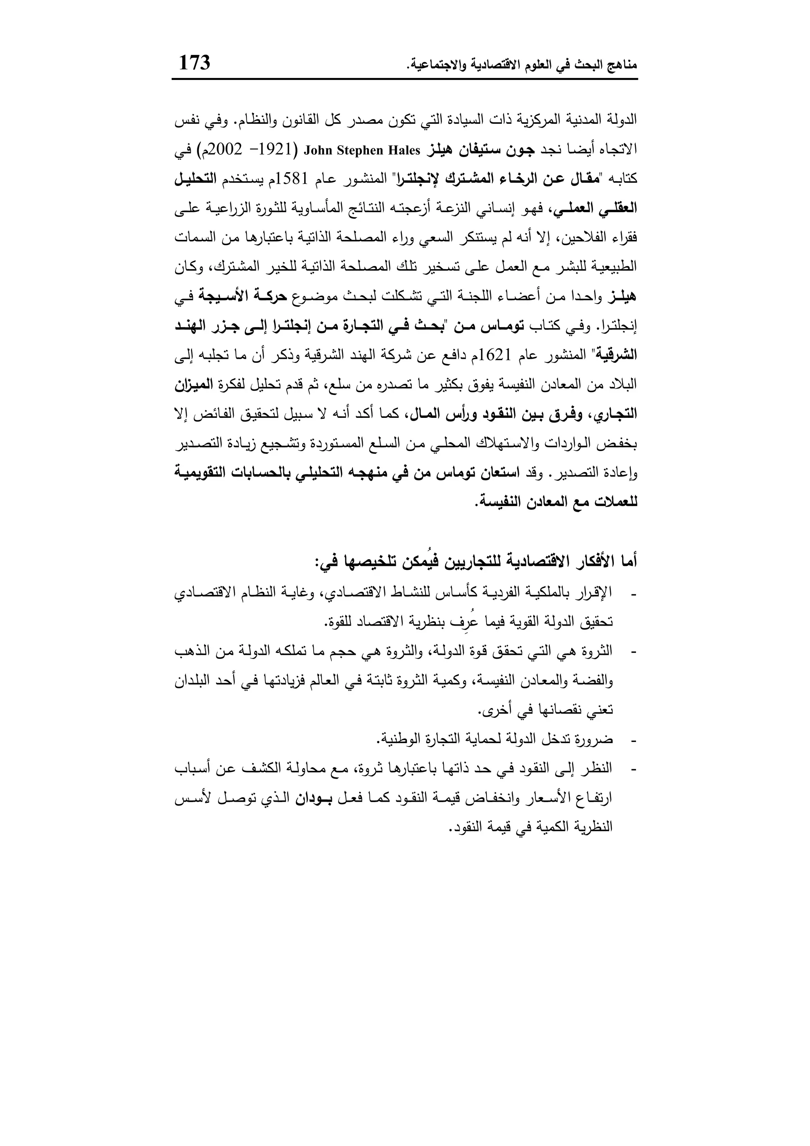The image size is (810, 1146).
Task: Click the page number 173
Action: point(195,63)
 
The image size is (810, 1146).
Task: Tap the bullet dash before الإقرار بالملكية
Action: point(634,594)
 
